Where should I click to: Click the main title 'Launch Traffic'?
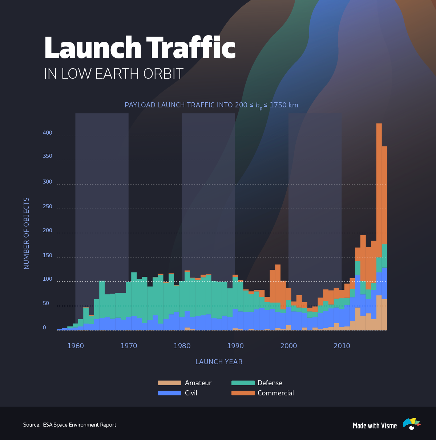coord(140,48)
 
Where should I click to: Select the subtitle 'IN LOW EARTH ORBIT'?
coord(113,74)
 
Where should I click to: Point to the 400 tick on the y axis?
coord(47,133)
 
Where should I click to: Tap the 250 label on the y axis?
coord(47,206)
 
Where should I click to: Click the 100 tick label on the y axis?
coord(47,279)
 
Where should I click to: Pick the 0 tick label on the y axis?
coord(44,328)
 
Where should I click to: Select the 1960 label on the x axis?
coord(76,346)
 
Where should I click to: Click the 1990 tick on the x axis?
coord(235,346)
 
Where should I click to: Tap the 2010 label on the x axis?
coord(342,346)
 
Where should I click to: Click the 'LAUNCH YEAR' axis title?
coord(219,362)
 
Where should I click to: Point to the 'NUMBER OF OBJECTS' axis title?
coord(26,233)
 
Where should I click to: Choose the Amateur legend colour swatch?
coord(169,383)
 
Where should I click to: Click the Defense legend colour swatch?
coord(243,383)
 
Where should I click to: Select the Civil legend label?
coord(191,393)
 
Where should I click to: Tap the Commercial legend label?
coord(275,393)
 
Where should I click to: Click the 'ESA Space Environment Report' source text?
coord(80,425)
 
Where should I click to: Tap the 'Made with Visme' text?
coord(375,426)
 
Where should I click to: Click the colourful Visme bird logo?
coord(411,424)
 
